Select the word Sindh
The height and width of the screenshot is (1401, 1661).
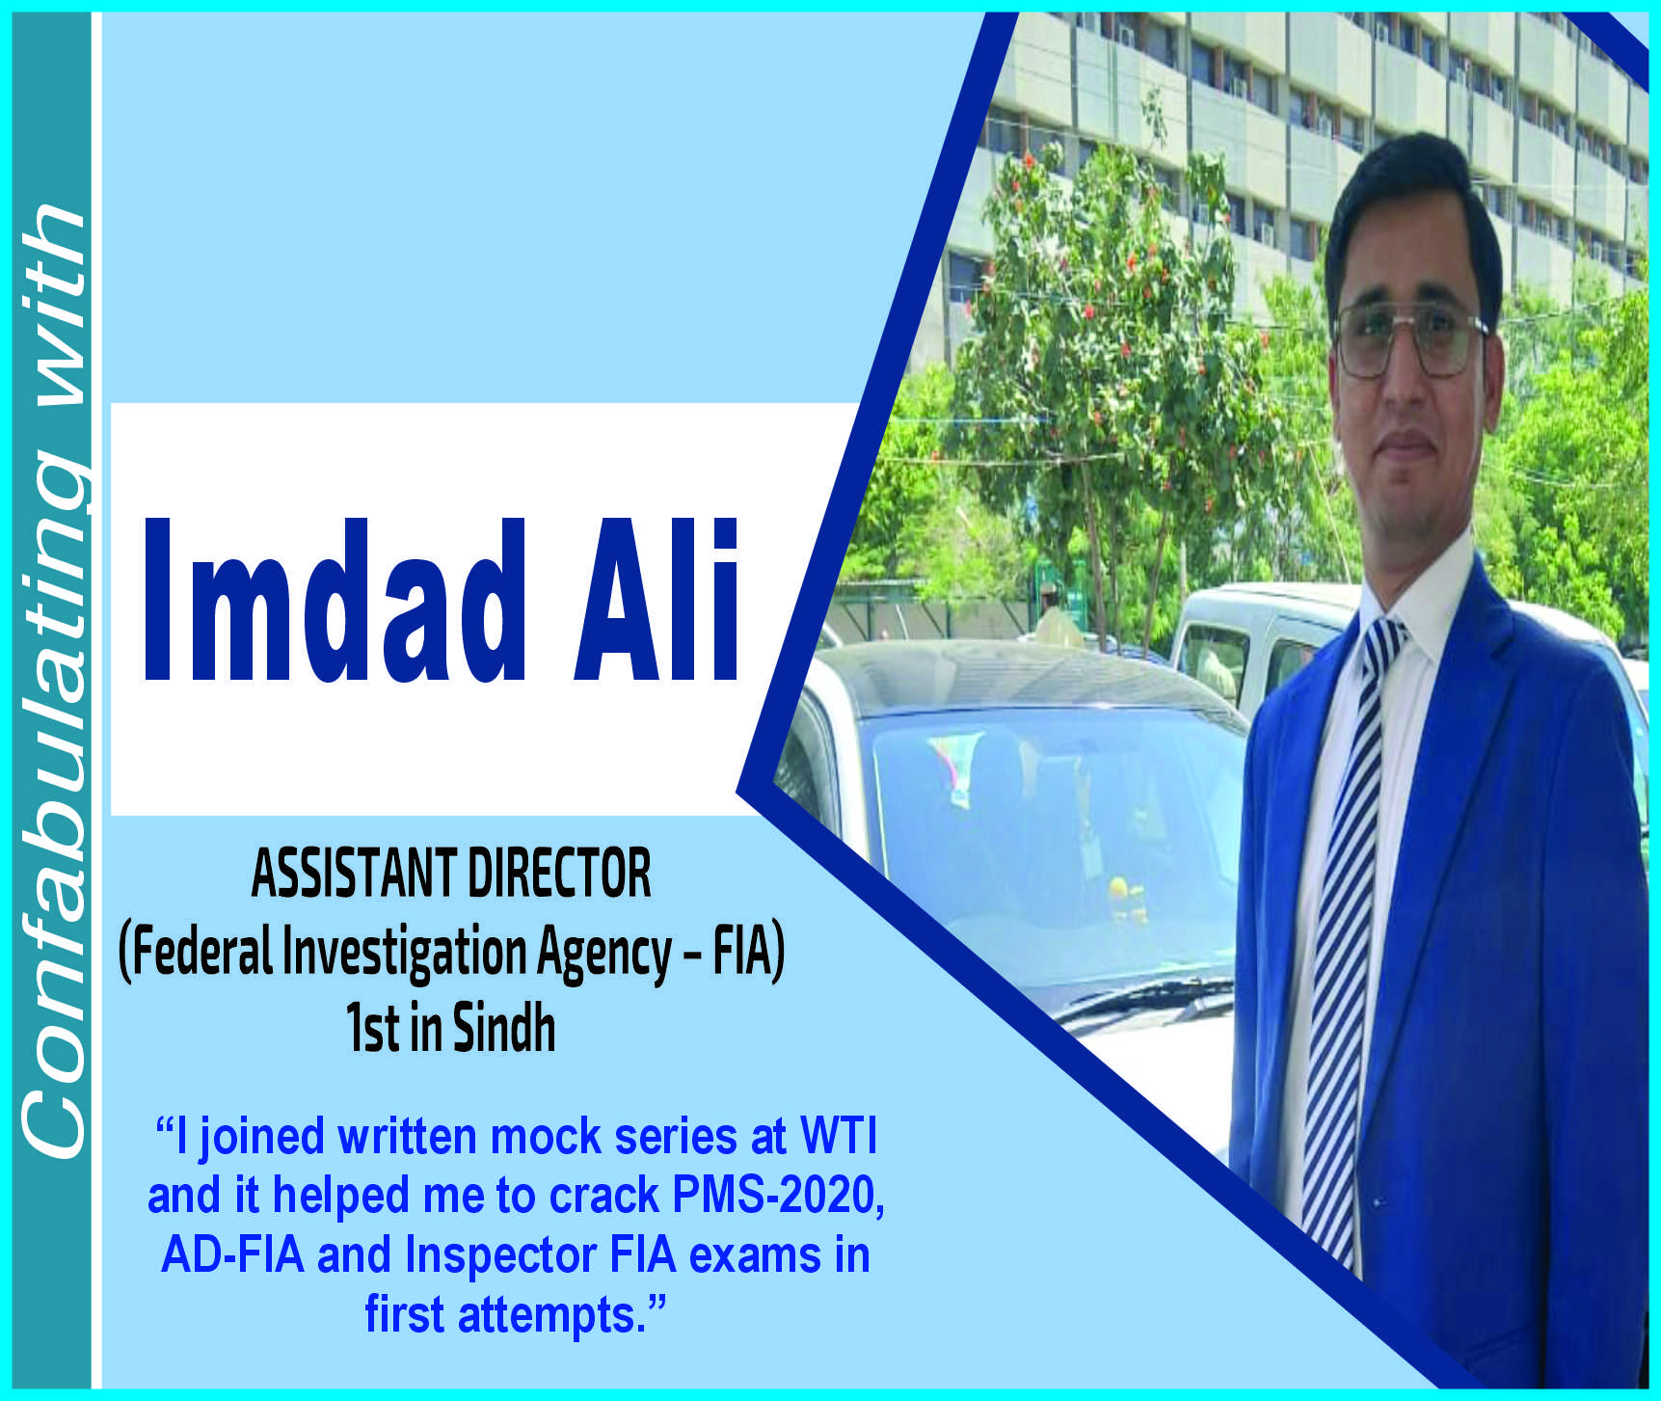point(504,1028)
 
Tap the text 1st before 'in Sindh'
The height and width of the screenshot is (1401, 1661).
point(372,1029)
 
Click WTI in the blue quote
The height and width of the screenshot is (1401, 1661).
point(839,1136)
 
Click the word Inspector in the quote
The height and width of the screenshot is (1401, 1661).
point(500,1256)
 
